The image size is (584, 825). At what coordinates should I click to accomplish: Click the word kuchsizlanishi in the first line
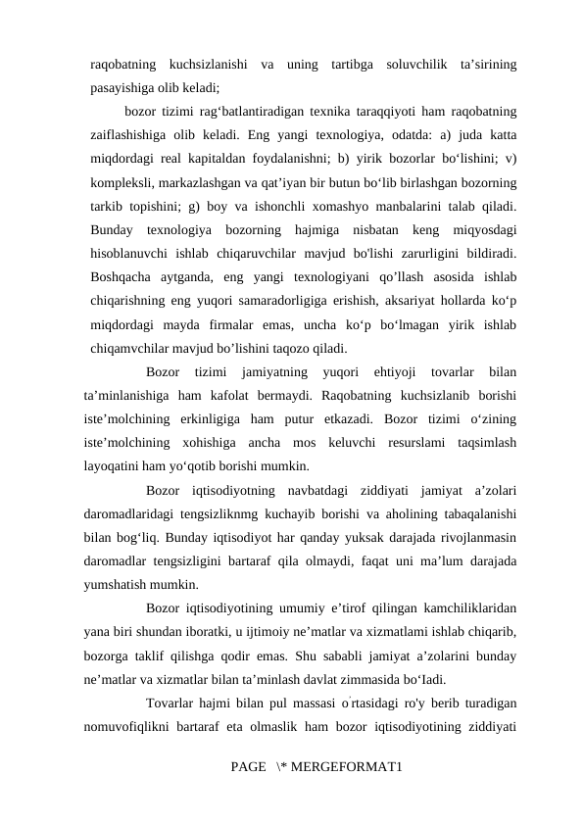(x=207, y=66)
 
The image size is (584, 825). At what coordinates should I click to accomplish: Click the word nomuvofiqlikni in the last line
(x=125, y=724)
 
